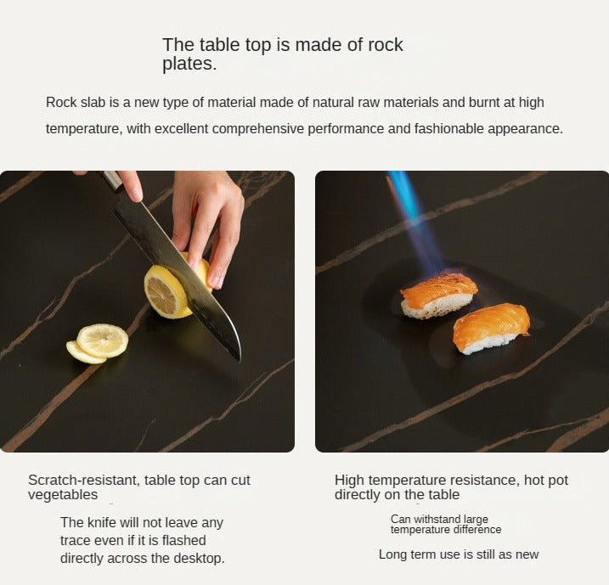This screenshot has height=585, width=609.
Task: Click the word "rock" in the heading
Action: (x=385, y=45)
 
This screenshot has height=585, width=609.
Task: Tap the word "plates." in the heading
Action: (x=189, y=64)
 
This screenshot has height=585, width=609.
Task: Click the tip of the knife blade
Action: (x=240, y=360)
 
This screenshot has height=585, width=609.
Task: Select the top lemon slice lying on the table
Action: (x=103, y=340)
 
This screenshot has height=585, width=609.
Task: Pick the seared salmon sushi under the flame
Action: (x=438, y=295)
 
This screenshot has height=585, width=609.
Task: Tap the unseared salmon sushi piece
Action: (x=491, y=329)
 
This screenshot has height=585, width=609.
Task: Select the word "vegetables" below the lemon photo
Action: (x=63, y=495)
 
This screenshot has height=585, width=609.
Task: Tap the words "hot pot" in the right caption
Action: (x=546, y=481)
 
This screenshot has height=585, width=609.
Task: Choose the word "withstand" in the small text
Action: (x=431, y=520)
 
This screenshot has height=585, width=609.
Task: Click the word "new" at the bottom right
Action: (x=527, y=554)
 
